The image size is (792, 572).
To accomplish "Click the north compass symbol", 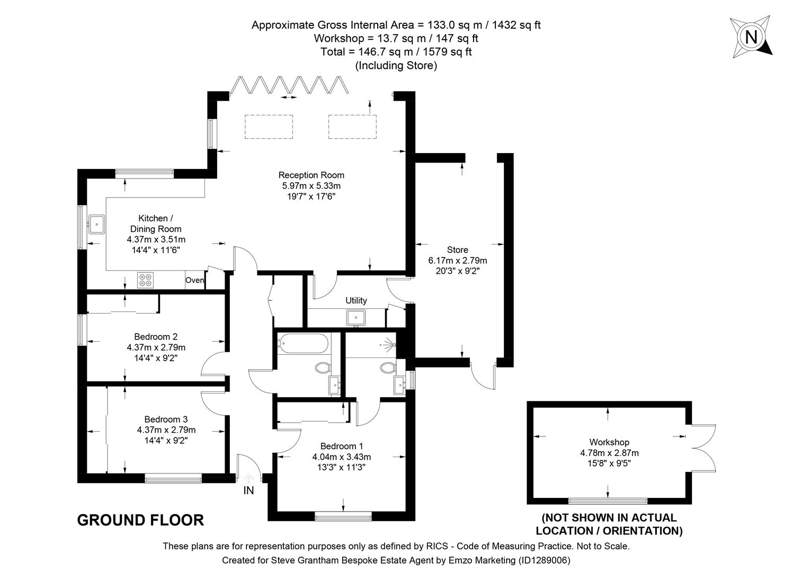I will [x=751, y=37].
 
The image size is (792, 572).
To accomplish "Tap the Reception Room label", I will [x=311, y=175].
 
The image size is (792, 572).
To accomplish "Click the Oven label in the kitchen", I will [x=194, y=280].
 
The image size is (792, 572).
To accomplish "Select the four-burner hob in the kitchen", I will [x=145, y=280].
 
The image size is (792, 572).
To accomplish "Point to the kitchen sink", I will [x=97, y=224].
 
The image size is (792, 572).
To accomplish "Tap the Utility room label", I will [x=356, y=300].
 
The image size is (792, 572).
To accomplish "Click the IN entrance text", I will [x=248, y=490].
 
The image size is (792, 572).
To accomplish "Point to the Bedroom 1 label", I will [x=341, y=446].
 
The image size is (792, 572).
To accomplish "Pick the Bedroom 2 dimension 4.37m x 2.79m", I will [x=156, y=347].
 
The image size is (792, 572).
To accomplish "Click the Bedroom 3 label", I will [x=166, y=419].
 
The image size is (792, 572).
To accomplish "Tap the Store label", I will [x=457, y=249].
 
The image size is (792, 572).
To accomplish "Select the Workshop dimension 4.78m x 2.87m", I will [x=609, y=453].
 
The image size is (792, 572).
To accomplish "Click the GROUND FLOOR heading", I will [x=140, y=520].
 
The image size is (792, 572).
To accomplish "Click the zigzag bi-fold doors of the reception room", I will [x=289, y=85].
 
